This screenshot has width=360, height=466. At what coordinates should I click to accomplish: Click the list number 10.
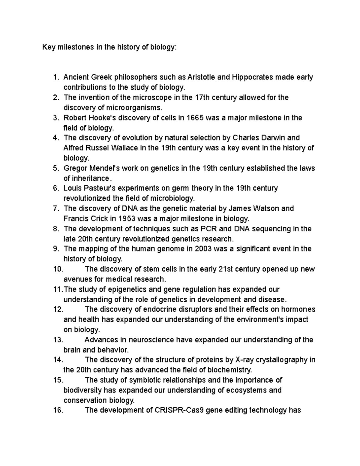(58, 269)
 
